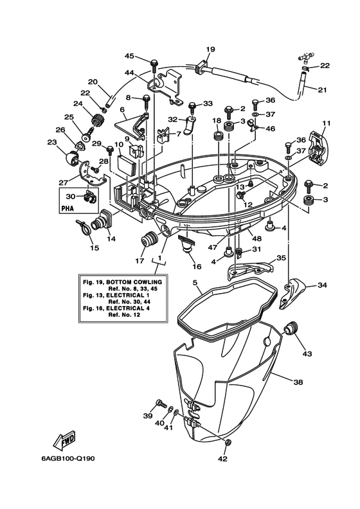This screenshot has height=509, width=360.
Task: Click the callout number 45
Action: pos(129,55)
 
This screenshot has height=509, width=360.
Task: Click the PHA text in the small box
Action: pos(67,209)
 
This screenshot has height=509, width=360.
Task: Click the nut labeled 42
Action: pos(227,443)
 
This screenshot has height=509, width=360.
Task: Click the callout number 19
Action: pos(210,49)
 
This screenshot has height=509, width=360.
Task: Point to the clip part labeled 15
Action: pos(82,226)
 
